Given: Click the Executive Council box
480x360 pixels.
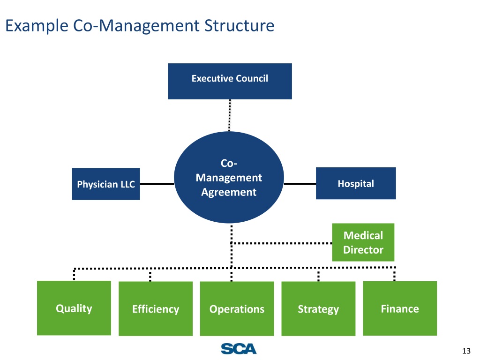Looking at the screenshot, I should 230,81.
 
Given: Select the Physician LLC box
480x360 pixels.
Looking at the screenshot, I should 106,184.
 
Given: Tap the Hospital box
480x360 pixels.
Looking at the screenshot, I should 356,183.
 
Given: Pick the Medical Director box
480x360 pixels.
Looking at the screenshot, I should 363,242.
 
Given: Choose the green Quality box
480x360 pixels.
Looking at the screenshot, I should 74,308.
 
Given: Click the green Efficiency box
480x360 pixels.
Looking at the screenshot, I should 156,309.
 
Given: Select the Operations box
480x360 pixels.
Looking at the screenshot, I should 237,309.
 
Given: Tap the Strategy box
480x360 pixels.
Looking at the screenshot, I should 318,309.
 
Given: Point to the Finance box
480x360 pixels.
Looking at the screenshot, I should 400,308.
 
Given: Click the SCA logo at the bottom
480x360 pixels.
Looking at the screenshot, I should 239,349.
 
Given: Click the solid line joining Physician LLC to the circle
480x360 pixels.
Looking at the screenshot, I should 157,184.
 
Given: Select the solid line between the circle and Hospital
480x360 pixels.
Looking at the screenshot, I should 300,184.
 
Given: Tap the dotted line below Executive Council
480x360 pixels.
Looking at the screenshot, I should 230,115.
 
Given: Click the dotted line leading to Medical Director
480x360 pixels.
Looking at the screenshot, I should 281,243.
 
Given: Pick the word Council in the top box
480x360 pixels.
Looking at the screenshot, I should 252,78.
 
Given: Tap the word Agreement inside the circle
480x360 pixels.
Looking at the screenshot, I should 229,192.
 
